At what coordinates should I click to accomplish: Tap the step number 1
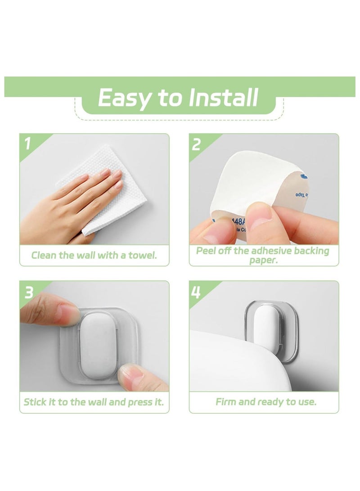pos(28,144)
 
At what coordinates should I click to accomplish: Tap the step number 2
pos(197,144)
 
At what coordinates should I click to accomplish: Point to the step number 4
pos(197,292)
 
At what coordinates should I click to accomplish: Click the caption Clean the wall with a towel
pos(94,256)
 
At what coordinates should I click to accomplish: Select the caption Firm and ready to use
pos(266,402)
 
